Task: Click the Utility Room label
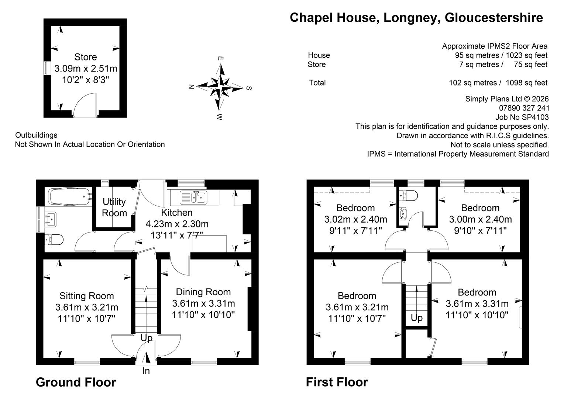pos(114,207)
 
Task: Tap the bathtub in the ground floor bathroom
pos(69,197)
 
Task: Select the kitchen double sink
pos(193,198)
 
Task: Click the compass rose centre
pos(221,87)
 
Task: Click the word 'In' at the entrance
pos(146,371)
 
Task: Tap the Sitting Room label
pos(87,296)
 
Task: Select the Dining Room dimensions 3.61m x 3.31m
pos(203,303)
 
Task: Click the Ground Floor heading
pos(76,383)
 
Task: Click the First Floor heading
pos(337,382)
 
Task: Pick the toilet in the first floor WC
pos(408,195)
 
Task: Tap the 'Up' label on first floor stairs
pos(417,318)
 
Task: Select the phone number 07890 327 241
pos(524,108)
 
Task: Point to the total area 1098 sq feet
pos(527,83)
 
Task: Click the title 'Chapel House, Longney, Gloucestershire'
pos(416,18)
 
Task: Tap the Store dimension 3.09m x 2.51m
pos(86,69)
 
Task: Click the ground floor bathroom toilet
pos(54,240)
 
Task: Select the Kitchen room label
pos(177,213)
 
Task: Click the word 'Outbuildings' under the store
pos(36,135)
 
